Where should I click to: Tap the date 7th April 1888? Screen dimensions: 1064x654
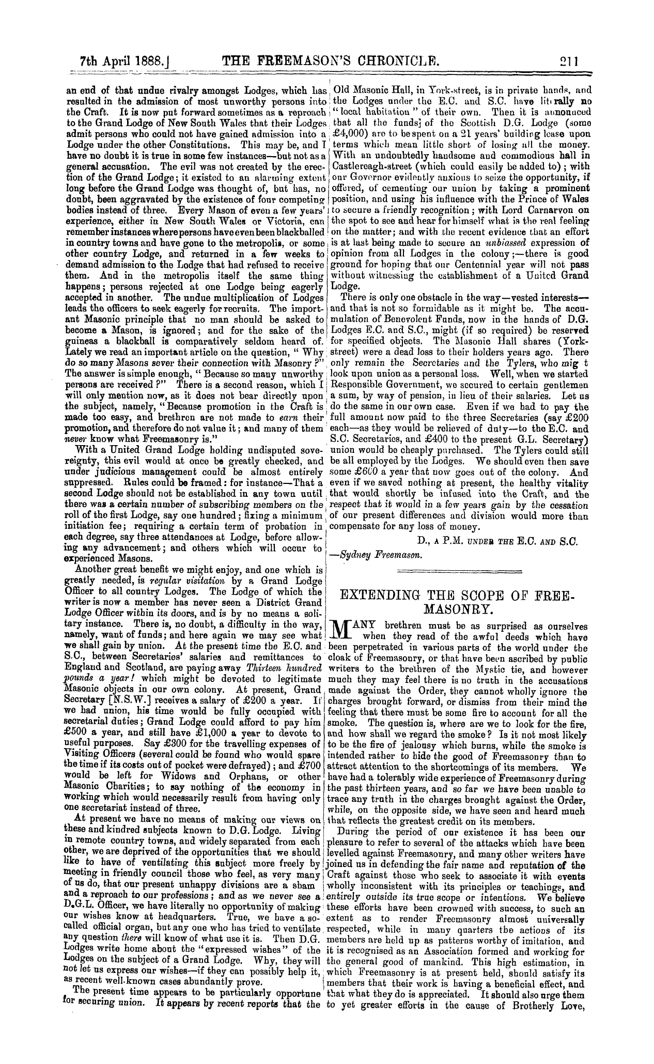(x=108, y=59)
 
